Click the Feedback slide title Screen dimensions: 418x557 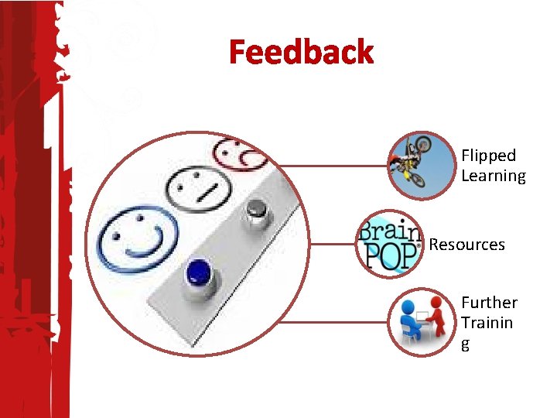click(x=301, y=53)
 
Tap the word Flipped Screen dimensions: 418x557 click(x=488, y=156)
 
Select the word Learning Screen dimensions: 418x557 click(x=493, y=176)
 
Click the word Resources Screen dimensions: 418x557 click(x=466, y=245)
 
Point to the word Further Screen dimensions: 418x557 click(x=489, y=303)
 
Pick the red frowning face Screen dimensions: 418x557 click(x=241, y=153)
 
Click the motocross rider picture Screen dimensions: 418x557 click(x=421, y=164)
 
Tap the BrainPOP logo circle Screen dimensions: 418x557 click(x=390, y=244)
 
